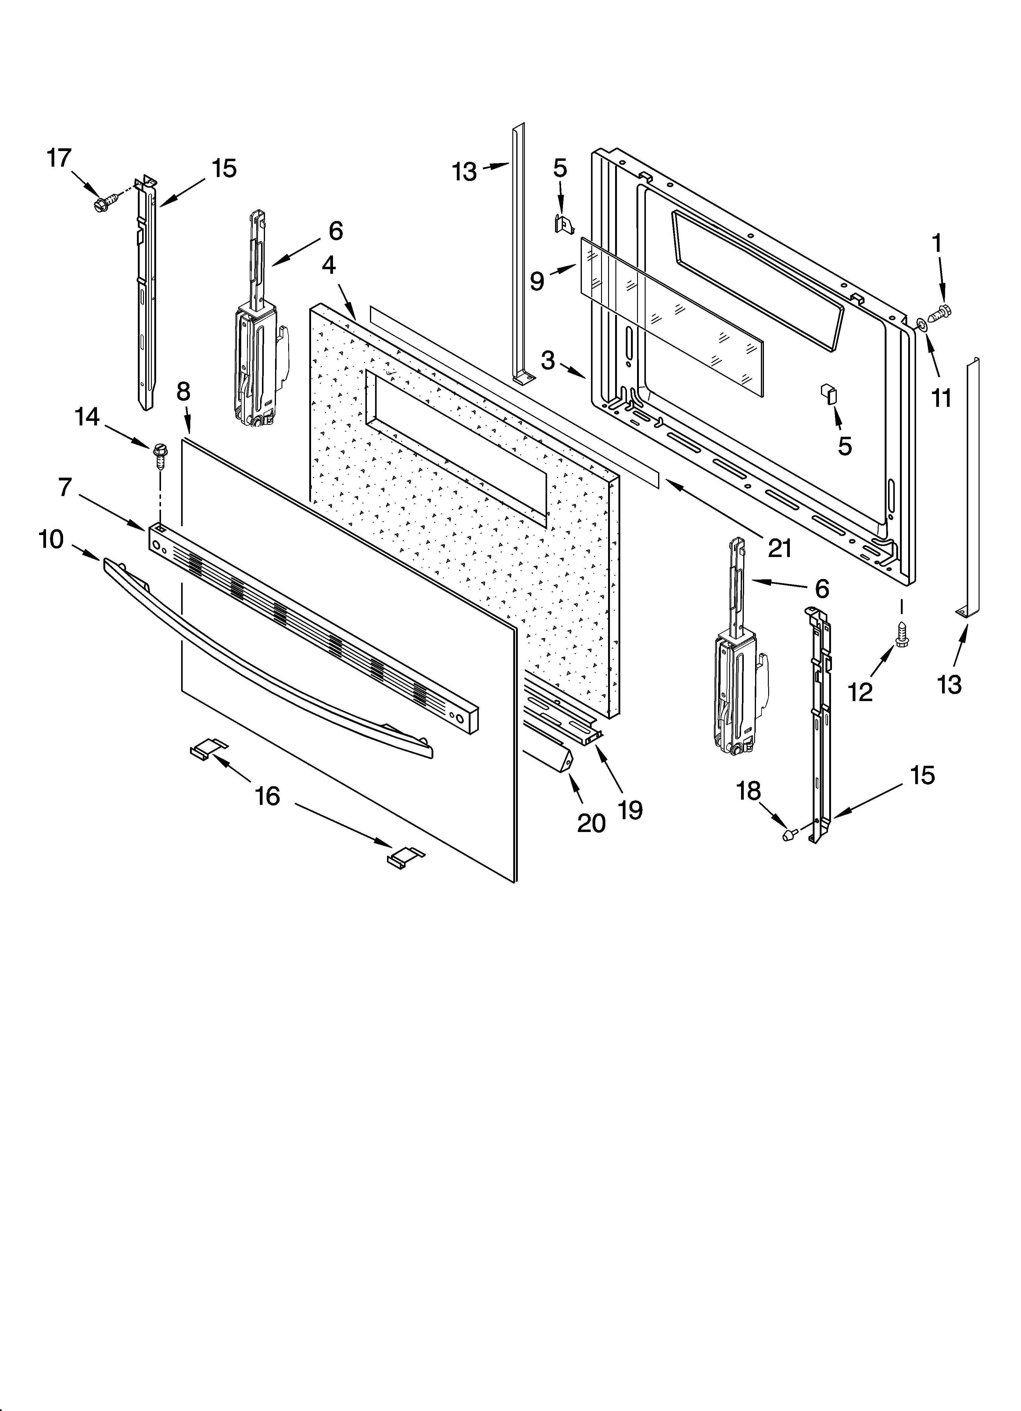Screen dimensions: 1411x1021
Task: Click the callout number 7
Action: point(65,487)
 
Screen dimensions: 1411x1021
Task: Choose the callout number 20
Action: point(591,823)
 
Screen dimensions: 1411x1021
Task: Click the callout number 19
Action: point(631,810)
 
